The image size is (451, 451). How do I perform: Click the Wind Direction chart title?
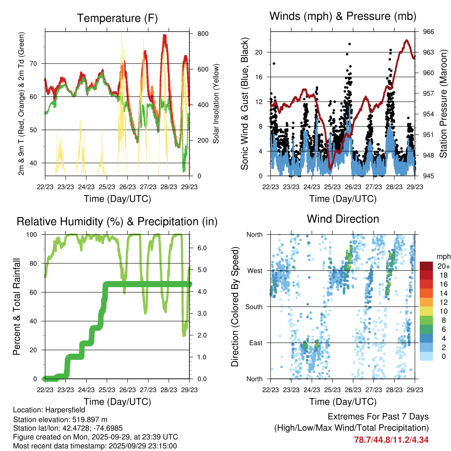click(x=343, y=218)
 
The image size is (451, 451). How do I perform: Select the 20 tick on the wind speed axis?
click(x=259, y=52)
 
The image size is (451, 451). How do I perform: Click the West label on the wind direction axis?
click(x=255, y=270)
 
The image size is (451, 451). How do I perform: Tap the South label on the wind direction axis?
click(x=254, y=307)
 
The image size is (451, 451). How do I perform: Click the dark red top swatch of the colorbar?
click(x=426, y=266)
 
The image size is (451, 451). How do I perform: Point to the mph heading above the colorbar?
click(x=443, y=256)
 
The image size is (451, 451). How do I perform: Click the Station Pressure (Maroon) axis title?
click(x=444, y=104)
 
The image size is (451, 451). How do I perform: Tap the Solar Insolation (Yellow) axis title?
click(x=216, y=104)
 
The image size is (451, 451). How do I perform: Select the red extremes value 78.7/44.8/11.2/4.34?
click(x=391, y=440)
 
